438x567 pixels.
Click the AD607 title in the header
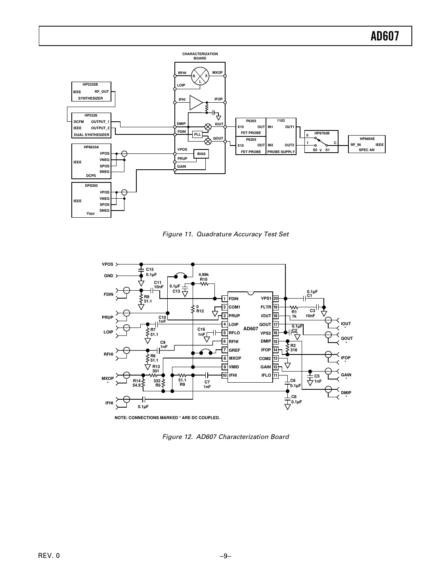384,36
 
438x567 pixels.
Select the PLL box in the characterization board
197,134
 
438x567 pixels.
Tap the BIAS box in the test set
201,154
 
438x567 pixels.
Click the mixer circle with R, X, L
200,76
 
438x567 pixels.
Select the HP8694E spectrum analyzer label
367,138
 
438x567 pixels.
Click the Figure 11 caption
226,234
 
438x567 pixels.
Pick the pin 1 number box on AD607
224,299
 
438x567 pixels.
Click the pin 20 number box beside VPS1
275,299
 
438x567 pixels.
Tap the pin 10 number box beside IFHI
224,375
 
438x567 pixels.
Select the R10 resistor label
203,279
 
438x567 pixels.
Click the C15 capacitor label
150,270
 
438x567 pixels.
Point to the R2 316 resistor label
294,348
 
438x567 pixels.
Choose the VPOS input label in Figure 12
107,264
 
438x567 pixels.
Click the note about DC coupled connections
167,418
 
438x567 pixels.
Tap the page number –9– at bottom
226,556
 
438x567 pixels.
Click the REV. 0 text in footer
49,556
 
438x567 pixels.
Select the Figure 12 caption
226,437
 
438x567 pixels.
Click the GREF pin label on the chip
234,350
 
